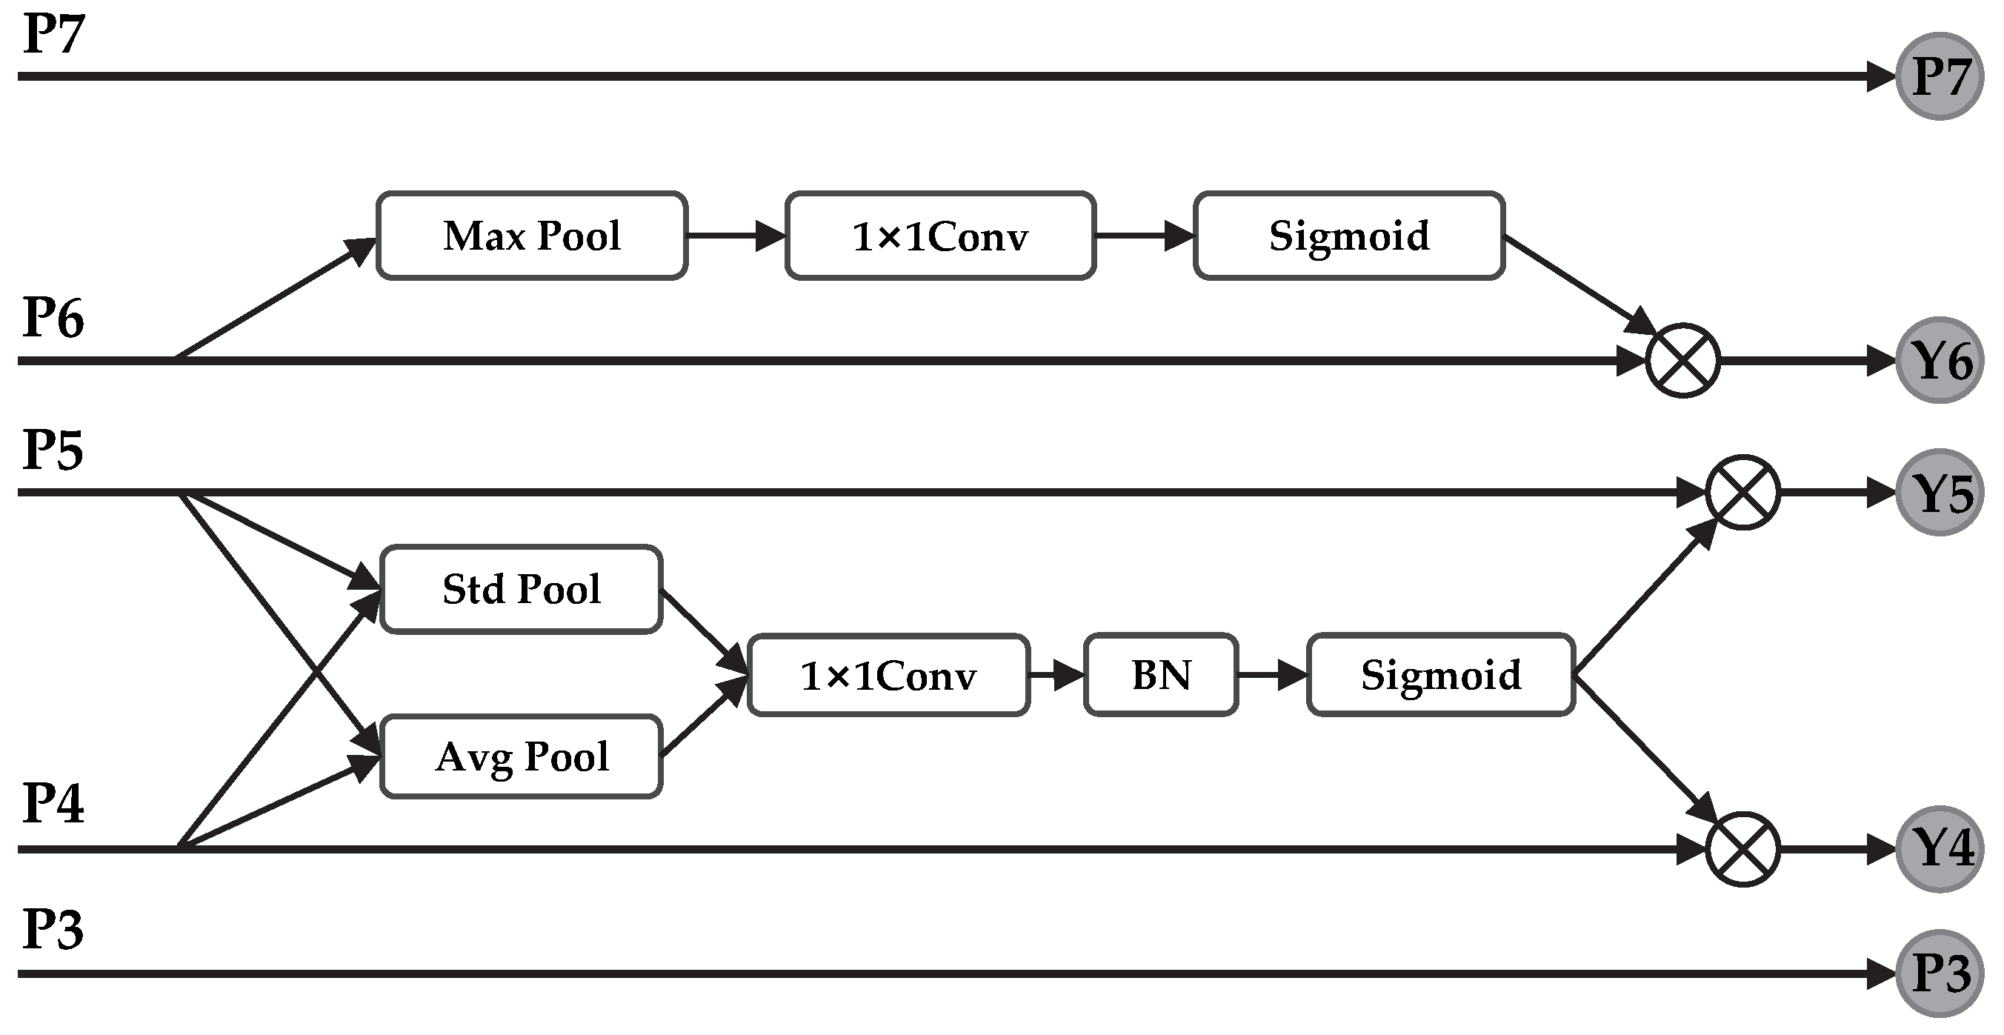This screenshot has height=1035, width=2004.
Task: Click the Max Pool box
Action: click(531, 236)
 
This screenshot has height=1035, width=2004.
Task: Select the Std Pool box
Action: click(521, 589)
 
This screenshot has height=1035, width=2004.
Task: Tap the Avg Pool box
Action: click(521, 756)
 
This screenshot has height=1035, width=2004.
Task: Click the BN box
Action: click(1160, 675)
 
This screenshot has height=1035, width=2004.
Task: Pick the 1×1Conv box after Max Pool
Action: click(939, 236)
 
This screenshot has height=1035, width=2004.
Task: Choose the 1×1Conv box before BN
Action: click(888, 675)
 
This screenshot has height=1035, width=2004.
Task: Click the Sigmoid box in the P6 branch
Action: click(1348, 236)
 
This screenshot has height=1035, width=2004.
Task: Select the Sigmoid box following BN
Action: click(1440, 675)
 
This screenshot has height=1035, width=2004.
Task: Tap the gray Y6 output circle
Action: click(1939, 360)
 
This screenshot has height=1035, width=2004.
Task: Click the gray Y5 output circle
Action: click(1939, 493)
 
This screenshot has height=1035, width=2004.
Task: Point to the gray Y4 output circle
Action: click(1939, 848)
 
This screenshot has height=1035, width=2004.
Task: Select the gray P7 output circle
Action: click(1939, 76)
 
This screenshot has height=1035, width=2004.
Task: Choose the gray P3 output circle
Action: click(1939, 974)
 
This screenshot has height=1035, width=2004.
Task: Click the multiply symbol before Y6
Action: click(1682, 360)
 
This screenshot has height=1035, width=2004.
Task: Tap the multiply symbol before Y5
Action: click(1742, 493)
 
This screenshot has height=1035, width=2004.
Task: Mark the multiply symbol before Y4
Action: click(1742, 849)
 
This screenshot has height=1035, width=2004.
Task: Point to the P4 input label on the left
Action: click(52, 803)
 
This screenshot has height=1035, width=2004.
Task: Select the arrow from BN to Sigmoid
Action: click(1272, 675)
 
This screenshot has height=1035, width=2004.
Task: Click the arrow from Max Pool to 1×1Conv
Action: click(735, 236)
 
